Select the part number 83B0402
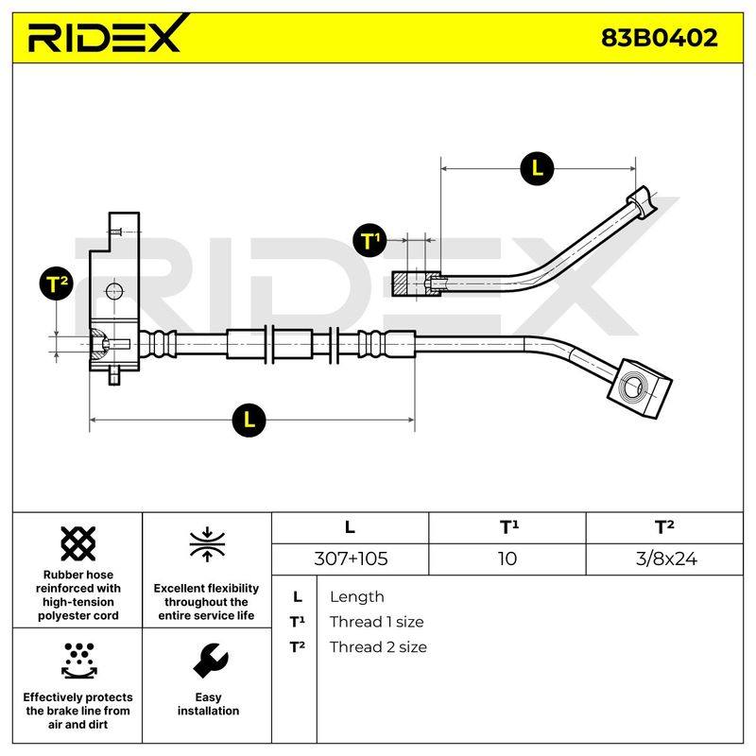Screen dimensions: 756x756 tap(659, 38)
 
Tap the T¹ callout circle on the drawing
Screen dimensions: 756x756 tap(369, 241)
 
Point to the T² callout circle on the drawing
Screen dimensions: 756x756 tap(57, 283)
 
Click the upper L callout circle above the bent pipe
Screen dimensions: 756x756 tap(537, 168)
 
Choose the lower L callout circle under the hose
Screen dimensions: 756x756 tap(249, 420)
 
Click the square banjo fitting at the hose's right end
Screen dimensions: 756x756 tap(639, 387)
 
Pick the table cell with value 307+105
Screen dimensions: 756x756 tap(351, 558)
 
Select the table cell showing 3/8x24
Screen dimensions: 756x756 tap(665, 558)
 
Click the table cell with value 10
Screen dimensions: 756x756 tap(507, 558)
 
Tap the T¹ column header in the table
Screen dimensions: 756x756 tap(508, 527)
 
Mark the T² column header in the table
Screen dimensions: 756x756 tap(664, 527)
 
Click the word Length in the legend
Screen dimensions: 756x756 tap(357, 597)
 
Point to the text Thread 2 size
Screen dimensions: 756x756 tap(378, 647)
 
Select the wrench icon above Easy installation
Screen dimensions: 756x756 tap(210, 661)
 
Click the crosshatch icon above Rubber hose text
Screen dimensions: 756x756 tap(78, 543)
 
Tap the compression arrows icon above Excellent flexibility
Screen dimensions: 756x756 tap(207, 544)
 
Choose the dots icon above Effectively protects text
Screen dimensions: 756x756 tap(79, 661)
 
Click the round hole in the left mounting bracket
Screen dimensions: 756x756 tap(114, 292)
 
